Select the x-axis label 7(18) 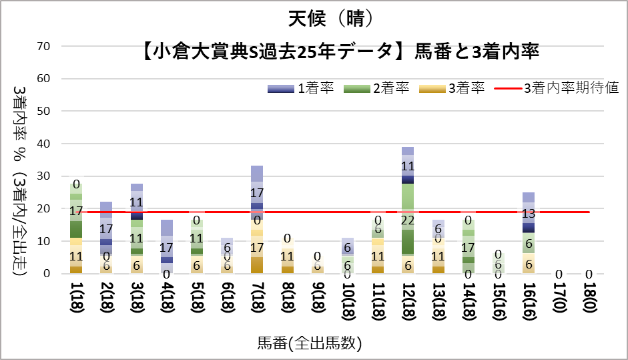pos(256,301)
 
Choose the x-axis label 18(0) pos(589,301)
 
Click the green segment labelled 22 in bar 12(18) pos(407,219)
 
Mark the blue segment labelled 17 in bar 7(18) pos(256,193)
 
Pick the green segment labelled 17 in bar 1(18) pos(75,211)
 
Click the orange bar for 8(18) pos(287,256)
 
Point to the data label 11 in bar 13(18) pos(438,256)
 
